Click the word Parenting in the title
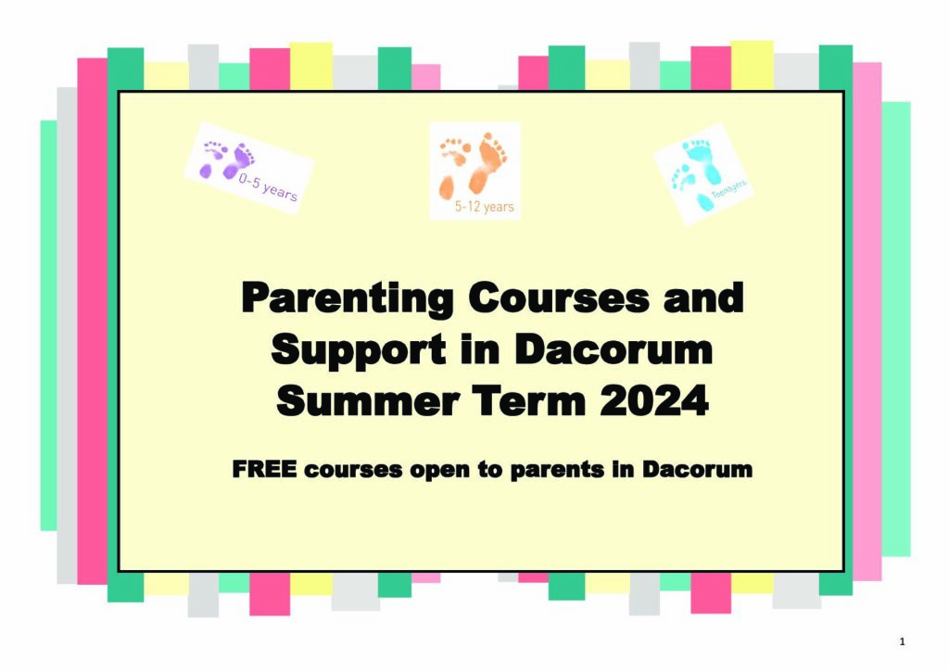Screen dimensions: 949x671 [348, 298]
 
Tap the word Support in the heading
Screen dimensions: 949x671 [359, 350]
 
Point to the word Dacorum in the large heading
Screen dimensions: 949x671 [614, 349]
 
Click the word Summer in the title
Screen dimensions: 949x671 [367, 400]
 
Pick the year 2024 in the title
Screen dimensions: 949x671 [654, 400]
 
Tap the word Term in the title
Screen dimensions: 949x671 [529, 400]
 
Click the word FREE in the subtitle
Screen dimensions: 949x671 [264, 469]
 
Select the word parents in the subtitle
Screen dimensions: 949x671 [557, 470]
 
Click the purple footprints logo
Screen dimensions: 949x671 [248, 169]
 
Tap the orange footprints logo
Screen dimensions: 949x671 [475, 171]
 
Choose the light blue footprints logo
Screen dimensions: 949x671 [702, 173]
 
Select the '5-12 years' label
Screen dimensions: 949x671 [484, 207]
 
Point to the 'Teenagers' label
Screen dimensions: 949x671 [728, 189]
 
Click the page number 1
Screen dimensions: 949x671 [902, 642]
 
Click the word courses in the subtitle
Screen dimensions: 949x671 [353, 470]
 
